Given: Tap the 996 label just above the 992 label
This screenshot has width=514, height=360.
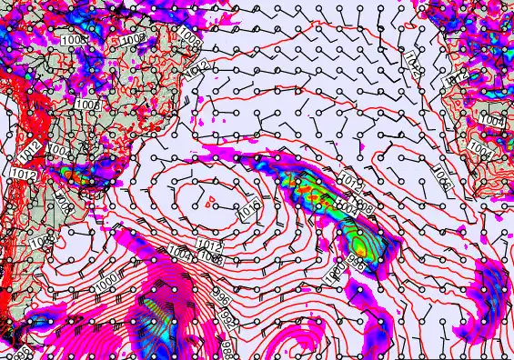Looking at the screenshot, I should [218, 296].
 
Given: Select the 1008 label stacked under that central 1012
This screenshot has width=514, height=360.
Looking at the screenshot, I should [210, 257].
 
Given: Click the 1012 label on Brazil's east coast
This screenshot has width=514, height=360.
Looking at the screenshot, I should [201, 65].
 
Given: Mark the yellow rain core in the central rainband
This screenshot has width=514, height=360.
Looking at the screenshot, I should [360, 245].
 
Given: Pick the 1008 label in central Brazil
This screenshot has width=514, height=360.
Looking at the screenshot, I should [88, 105].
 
